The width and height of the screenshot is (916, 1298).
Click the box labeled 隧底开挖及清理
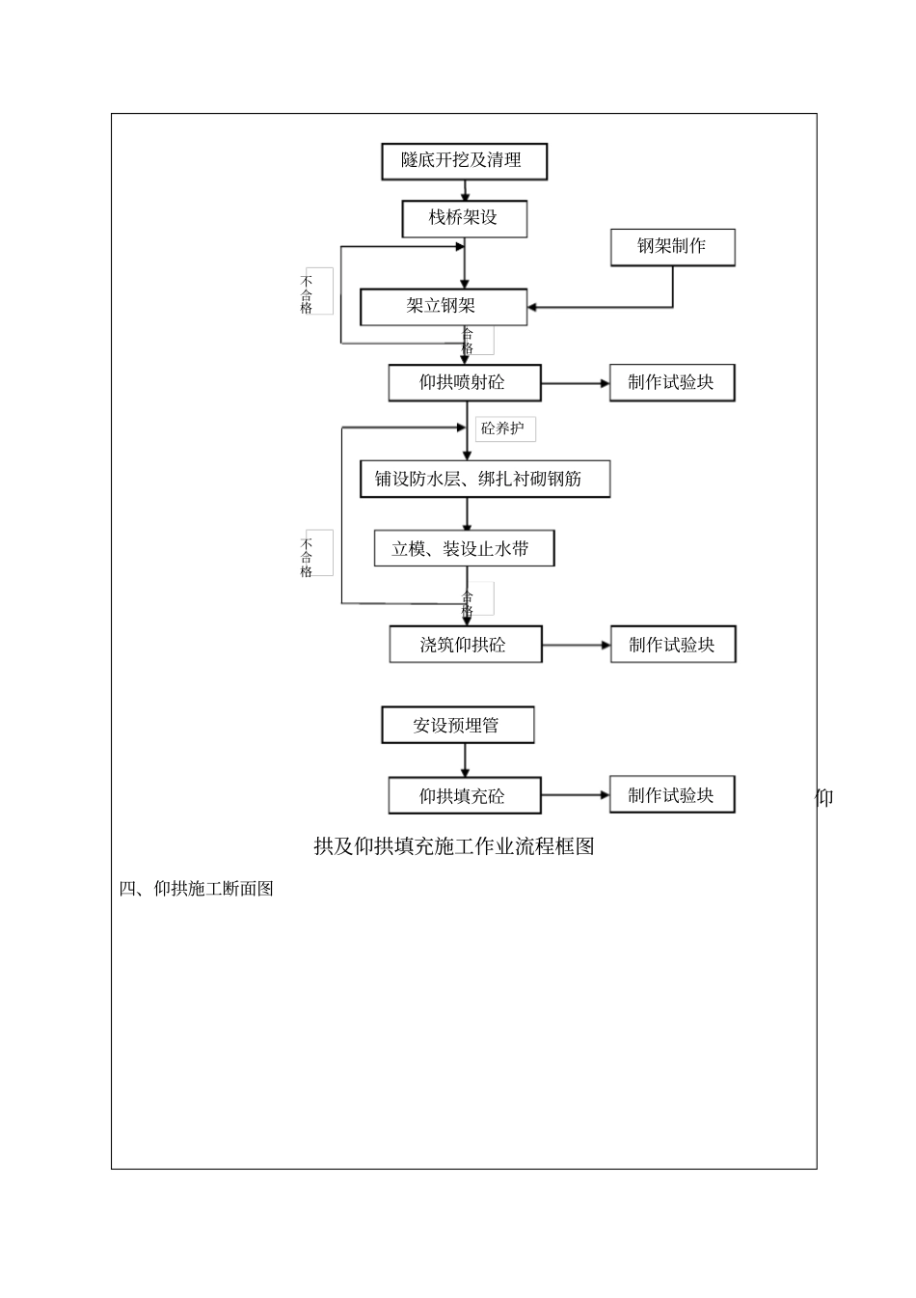coord(464,161)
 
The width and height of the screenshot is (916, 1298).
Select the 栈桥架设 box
coord(464,218)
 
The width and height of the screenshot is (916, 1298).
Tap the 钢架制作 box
coord(672,247)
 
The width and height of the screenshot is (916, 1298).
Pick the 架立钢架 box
coord(443,307)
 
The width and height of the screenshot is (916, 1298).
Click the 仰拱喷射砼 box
coord(464,383)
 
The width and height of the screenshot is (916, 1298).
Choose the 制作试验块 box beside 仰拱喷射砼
coord(672,382)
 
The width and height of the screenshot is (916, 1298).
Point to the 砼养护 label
coord(504,428)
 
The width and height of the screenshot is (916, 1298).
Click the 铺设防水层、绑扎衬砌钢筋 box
coord(484,479)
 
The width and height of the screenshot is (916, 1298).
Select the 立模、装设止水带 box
coord(464,549)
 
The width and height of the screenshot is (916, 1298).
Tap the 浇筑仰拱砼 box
coord(465,645)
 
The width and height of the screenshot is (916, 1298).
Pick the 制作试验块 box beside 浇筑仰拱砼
coord(672,645)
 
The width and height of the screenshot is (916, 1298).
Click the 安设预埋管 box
coord(458,726)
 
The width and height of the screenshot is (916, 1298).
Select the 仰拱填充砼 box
coord(464,796)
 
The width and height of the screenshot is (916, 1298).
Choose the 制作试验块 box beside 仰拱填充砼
coord(672,795)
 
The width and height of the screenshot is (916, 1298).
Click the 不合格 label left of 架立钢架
coord(308,291)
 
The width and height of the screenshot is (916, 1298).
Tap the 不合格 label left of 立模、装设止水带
coord(308,554)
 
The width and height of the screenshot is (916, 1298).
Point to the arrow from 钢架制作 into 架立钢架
coord(598,307)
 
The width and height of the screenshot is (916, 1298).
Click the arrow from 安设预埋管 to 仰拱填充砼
coord(465,760)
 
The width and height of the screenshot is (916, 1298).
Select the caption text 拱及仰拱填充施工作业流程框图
coord(454,846)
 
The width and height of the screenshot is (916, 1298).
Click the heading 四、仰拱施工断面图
coord(197,889)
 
